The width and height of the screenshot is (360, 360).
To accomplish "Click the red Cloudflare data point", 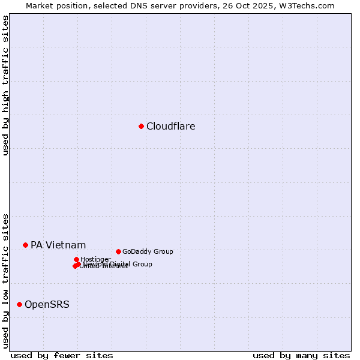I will click(x=141, y=126).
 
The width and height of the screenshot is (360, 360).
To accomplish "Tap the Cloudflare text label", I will click(x=171, y=126).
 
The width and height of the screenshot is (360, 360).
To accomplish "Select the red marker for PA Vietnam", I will click(x=25, y=245).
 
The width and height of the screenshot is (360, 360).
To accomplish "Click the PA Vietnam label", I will click(x=58, y=245).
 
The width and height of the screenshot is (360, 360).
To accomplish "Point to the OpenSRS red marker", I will click(x=19, y=304).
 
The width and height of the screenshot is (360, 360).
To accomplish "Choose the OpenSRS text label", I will click(x=47, y=304).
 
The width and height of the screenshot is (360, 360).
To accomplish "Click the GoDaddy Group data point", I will click(x=118, y=251).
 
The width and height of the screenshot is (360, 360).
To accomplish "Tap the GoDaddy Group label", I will click(x=148, y=251).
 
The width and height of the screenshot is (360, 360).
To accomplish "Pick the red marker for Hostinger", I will click(x=76, y=259).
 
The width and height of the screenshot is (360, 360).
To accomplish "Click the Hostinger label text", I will click(x=96, y=259).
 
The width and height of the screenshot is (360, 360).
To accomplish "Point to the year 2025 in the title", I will click(x=264, y=5).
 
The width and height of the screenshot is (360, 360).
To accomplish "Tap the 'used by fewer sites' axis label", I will click(x=62, y=355).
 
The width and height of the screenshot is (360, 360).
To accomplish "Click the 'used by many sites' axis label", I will click(x=301, y=355).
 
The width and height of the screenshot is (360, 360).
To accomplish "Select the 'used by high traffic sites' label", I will click(x=5, y=86).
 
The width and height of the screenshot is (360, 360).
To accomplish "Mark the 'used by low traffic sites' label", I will click(x=5, y=281).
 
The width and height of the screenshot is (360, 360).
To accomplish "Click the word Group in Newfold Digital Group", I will click(x=142, y=264).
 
